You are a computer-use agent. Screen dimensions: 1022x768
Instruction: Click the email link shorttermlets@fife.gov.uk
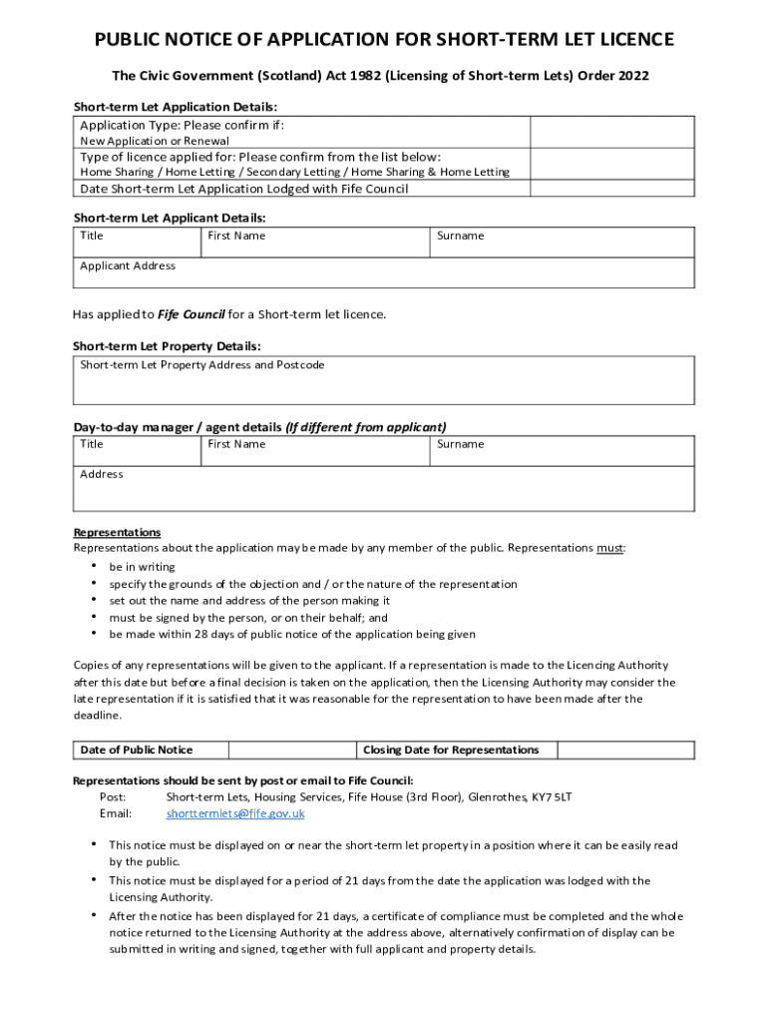tap(235, 813)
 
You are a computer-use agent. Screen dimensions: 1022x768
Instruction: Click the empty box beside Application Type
tap(611, 132)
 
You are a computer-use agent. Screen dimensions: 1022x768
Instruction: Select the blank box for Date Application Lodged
tap(611, 189)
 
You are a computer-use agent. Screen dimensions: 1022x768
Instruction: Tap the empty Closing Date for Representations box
tap(625, 750)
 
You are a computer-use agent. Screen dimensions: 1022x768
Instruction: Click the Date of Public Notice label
tap(137, 750)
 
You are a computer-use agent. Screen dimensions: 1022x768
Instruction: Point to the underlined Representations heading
tap(117, 532)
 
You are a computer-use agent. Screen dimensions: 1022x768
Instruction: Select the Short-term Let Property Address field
tap(384, 380)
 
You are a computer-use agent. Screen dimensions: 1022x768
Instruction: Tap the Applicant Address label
tap(128, 265)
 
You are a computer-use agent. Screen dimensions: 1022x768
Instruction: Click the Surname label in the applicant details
tap(460, 236)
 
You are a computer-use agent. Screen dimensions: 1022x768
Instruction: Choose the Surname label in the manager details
tap(460, 444)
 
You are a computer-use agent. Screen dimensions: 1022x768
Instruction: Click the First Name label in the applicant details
tap(236, 236)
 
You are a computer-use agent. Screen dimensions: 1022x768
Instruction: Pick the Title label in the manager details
tap(91, 444)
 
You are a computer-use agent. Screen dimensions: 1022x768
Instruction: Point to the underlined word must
tap(609, 548)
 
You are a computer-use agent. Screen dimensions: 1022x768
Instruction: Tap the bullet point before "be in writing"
tap(94, 566)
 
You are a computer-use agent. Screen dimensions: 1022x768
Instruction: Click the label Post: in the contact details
tap(113, 797)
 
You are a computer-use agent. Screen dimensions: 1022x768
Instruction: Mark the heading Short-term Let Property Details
tap(167, 345)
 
